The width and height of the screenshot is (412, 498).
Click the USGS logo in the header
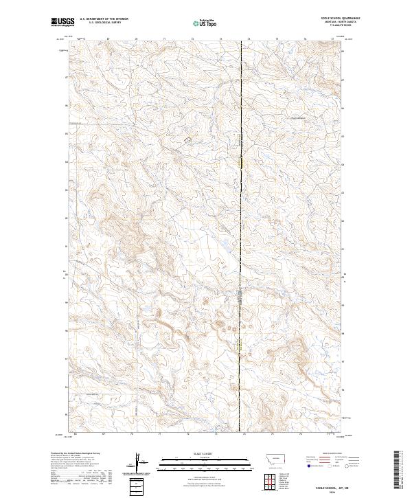pos(62,22)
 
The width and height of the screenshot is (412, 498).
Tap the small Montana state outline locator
pos(267,460)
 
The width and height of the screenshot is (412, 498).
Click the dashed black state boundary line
pos(241,206)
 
